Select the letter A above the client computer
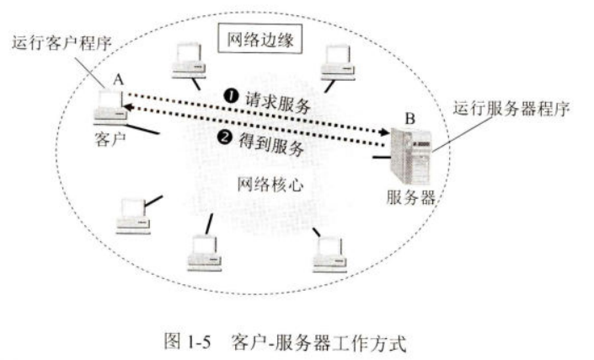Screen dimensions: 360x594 point(118,78)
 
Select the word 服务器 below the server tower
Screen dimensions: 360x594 point(411,199)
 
